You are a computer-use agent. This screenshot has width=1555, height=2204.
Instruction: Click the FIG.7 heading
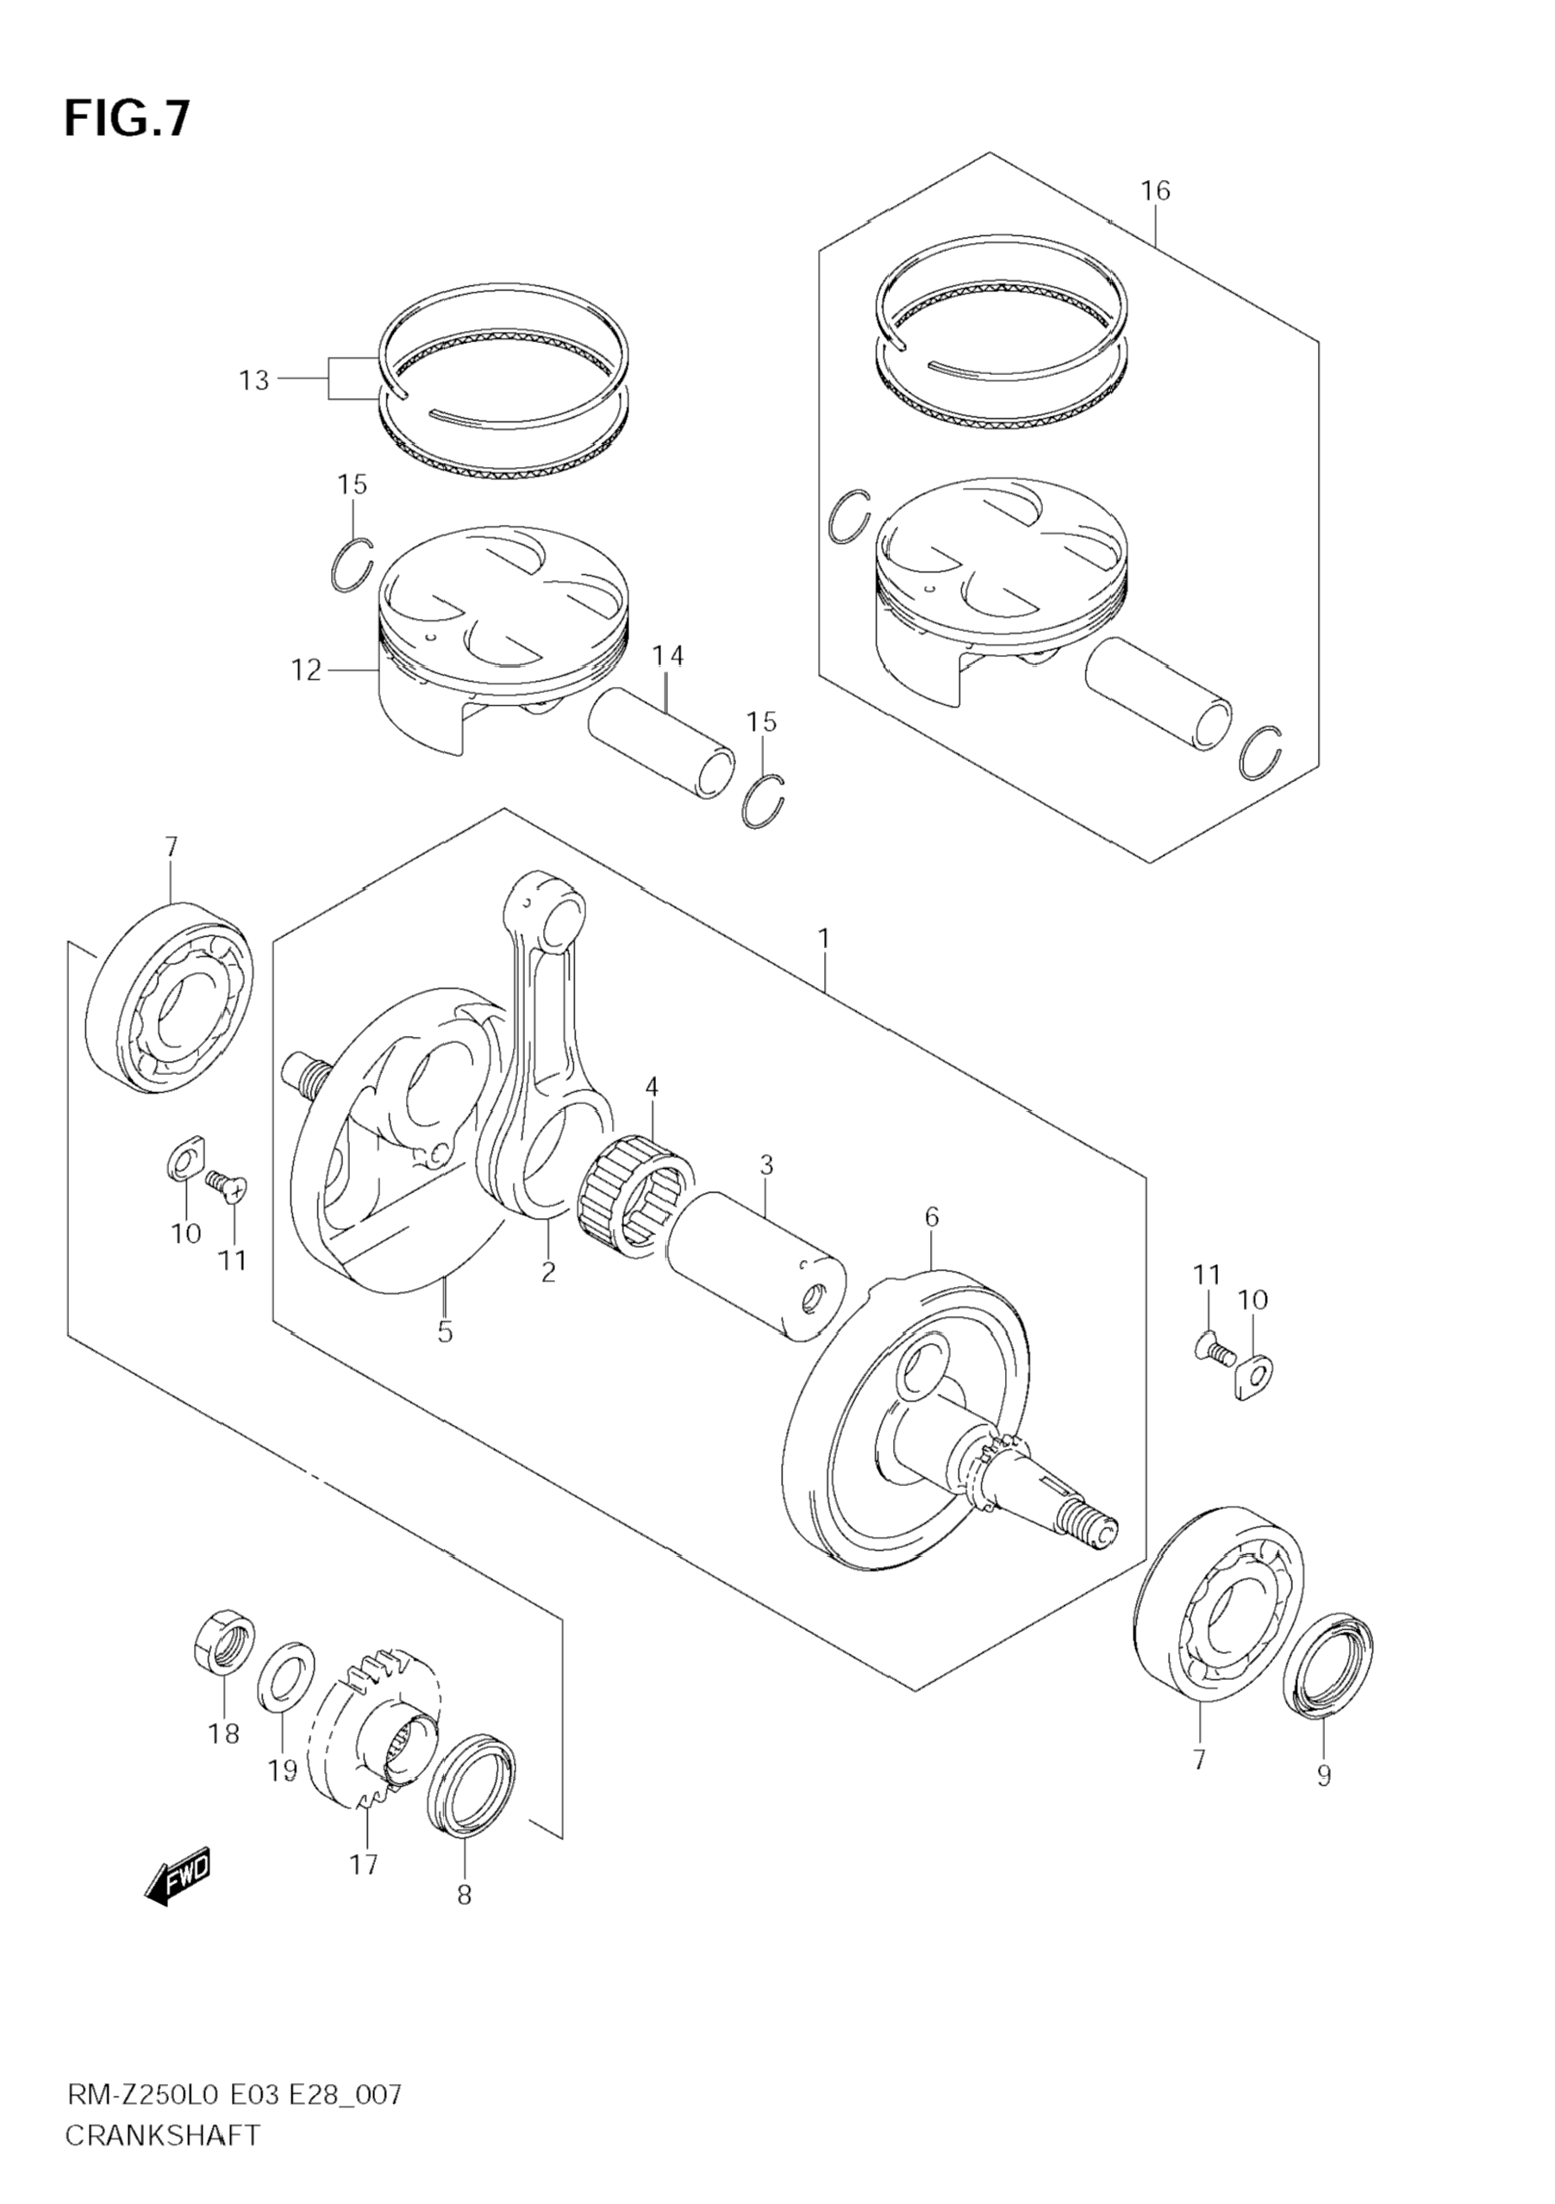(127, 120)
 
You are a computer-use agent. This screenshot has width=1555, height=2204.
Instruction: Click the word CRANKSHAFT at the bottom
(162, 2136)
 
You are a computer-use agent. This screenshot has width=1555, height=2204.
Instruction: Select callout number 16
(1156, 191)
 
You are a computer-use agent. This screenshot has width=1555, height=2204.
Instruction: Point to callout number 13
(253, 381)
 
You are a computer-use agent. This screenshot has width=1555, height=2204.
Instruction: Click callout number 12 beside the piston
(306, 670)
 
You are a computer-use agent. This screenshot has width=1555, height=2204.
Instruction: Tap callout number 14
(668, 657)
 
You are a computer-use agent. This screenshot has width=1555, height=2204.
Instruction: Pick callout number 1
(823, 938)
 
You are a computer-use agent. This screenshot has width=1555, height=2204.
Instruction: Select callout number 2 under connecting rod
(548, 1273)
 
